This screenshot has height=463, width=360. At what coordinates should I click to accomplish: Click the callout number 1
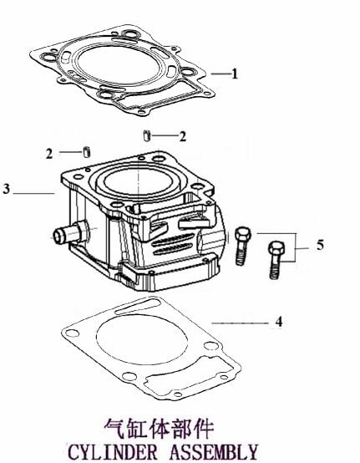coord(235,74)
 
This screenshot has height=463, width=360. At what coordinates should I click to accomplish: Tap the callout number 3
coord(6,189)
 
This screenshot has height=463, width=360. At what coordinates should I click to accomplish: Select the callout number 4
coord(279,321)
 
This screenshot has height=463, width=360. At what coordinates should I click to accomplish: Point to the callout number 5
coord(321,245)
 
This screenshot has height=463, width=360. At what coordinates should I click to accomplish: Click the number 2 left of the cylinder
coord(49,154)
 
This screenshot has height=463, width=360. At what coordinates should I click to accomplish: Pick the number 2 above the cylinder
coord(183,136)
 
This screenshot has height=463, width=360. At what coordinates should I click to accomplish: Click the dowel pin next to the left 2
coord(86,152)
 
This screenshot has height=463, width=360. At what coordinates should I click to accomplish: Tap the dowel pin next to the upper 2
coord(147,135)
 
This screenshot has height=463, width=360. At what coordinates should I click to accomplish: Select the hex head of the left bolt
coord(243,234)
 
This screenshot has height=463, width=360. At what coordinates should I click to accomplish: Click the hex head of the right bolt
coord(276,248)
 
